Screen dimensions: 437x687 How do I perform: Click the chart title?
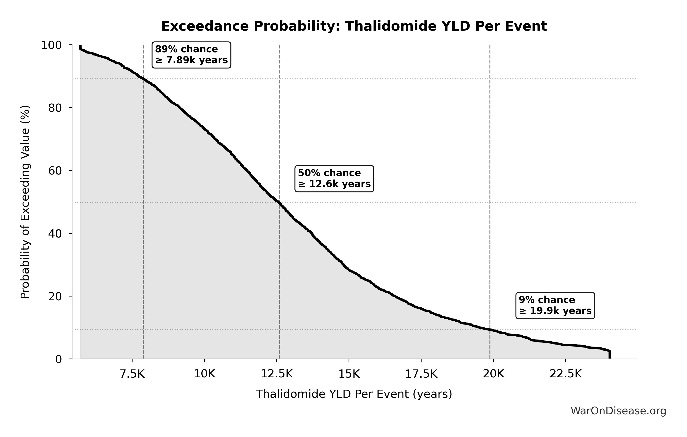coord(354,26)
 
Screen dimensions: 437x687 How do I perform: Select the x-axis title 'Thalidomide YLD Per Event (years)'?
coord(354,394)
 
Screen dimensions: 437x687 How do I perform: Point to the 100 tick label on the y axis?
coord(51,45)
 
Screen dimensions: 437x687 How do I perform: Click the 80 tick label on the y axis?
coord(55,108)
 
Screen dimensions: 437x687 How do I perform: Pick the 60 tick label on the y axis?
coord(55,171)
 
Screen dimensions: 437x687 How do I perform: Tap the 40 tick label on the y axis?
coord(55,233)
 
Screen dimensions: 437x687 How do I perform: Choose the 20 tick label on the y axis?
coord(55,296)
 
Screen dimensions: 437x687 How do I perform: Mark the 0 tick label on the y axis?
coord(58,359)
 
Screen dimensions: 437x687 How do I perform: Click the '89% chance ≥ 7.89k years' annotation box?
coord(191,55)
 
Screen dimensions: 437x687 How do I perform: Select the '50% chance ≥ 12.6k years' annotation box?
coord(334,178)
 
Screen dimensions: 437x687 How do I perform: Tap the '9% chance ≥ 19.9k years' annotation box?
coord(555,305)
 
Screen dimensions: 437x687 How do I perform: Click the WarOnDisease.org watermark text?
coord(618,411)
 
